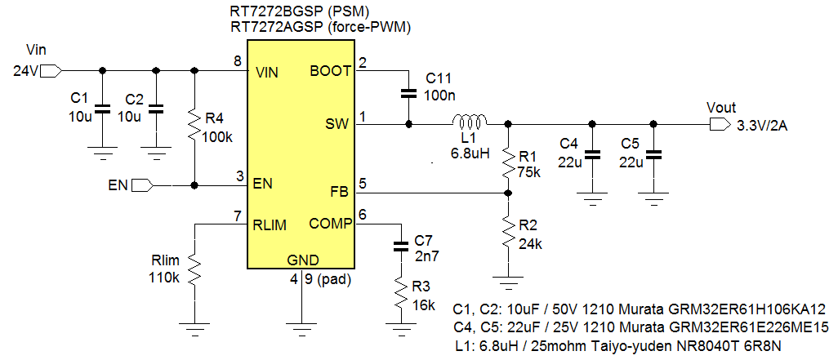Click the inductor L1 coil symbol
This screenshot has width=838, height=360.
pos(471,122)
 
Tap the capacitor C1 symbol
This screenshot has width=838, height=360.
pos(102,109)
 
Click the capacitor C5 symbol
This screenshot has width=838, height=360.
pos(653,153)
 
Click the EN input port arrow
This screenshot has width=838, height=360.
pos(142,185)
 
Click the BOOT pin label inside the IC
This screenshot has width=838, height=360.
pos(330,71)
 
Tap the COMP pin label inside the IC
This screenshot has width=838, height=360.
pos(330,224)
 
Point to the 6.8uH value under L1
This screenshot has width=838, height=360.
pos(470,153)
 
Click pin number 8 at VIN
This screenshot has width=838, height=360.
pos(237,62)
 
